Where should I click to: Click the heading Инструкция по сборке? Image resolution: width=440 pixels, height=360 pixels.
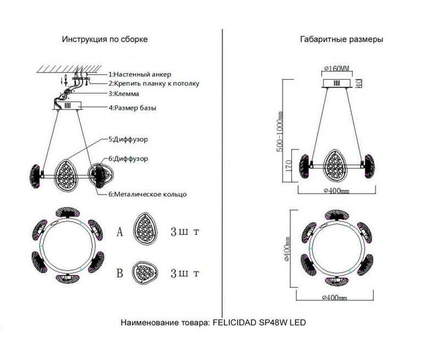pos(105,40)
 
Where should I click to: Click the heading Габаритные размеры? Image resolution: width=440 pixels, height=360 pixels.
pos(342,40)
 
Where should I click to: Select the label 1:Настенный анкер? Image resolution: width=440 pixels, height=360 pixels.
pos(140,74)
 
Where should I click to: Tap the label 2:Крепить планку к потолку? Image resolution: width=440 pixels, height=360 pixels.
pos(153,84)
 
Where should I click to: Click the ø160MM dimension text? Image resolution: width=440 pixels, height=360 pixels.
pos(337,69)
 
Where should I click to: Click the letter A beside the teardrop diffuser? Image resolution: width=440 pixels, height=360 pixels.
pos(119,231)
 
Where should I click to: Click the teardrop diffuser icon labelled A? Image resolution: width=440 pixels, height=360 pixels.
pos(146,230)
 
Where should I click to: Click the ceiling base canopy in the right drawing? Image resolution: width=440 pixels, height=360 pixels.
pos(337,83)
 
